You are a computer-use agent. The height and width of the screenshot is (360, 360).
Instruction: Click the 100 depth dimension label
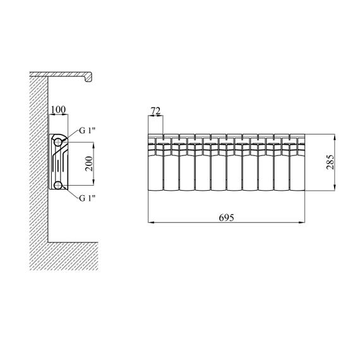tap(58, 110)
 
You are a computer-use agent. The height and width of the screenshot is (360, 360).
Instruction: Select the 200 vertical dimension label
tap(89, 164)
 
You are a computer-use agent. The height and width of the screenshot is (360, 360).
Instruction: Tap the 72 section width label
tap(155, 111)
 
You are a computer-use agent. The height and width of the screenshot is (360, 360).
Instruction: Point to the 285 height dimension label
tap(330, 162)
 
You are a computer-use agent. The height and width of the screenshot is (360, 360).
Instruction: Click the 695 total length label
tap(226, 217)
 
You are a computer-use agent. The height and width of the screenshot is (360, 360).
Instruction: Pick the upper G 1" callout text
tap(87, 131)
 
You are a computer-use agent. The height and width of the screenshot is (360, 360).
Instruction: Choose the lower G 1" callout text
tap(87, 198)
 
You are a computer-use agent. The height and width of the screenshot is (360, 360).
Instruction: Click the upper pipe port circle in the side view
tap(58, 142)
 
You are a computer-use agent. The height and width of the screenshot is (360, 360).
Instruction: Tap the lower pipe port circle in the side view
tap(58, 185)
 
